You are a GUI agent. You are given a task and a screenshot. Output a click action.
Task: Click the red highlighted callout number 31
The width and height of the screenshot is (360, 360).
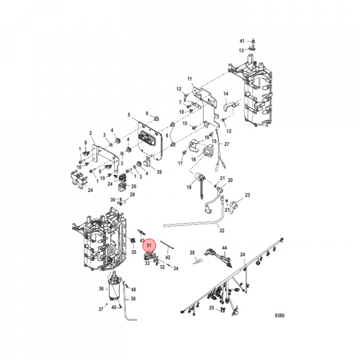[x=149, y=245]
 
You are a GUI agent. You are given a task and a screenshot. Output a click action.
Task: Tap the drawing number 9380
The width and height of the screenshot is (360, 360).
[x=279, y=315]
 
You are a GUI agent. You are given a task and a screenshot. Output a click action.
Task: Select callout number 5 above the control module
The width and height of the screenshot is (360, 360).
[x=129, y=114]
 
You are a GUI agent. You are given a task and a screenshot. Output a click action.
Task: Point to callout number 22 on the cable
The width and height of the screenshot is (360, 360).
[x=222, y=230]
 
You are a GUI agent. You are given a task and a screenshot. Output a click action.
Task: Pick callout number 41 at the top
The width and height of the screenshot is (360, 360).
[x=242, y=41]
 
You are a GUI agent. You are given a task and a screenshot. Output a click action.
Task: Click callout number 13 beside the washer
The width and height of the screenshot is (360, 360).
[x=241, y=50]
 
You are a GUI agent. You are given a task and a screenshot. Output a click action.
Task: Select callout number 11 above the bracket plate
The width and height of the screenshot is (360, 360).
[x=189, y=79]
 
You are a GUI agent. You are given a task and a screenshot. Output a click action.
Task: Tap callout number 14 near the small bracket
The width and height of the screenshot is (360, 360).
[x=225, y=93]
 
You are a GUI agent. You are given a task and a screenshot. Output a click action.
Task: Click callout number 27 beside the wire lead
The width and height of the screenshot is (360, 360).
[x=226, y=144]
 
